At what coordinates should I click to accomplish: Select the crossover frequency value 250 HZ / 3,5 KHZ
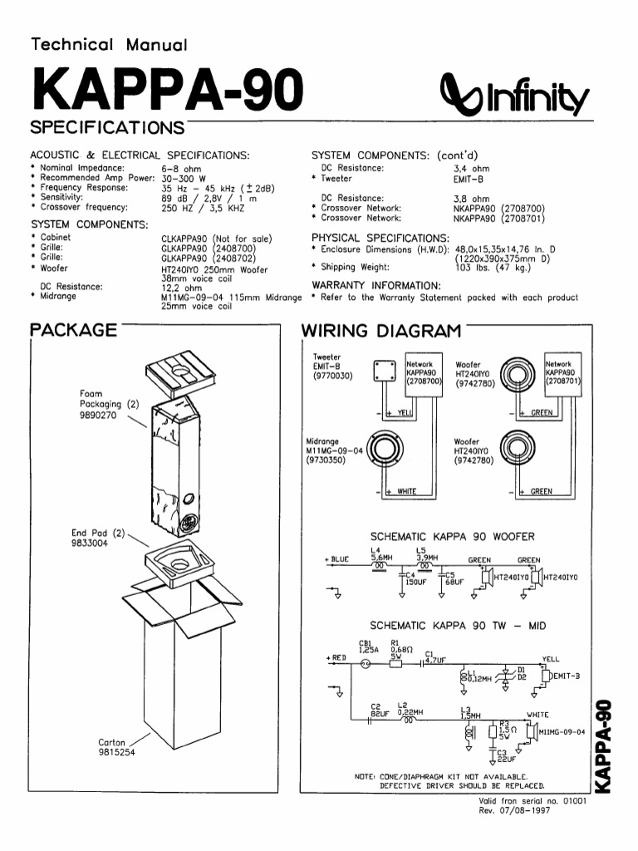(203, 208)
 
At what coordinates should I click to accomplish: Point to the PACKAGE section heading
(73, 330)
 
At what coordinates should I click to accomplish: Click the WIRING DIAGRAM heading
(380, 332)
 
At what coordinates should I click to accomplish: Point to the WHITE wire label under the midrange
(407, 492)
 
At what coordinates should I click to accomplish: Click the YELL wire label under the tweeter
(405, 412)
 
